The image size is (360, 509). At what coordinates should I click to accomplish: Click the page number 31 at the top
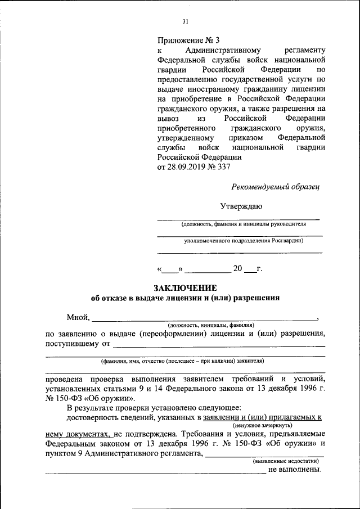[x=185, y=22]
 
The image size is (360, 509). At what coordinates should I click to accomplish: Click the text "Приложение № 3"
[x=190, y=40]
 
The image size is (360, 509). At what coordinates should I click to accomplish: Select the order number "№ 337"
[x=218, y=167]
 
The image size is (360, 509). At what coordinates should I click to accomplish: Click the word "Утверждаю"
[x=241, y=206]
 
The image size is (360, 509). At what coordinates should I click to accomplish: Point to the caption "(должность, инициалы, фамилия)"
[x=211, y=326]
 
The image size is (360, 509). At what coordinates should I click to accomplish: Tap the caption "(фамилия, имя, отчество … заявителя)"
[x=182, y=361]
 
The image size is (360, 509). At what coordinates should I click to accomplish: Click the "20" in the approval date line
[x=237, y=268]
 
